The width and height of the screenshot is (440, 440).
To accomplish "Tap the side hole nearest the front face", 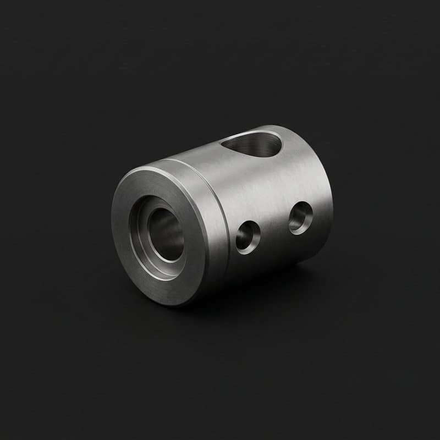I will (x=248, y=237).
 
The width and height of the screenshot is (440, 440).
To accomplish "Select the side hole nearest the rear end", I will (x=301, y=217).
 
